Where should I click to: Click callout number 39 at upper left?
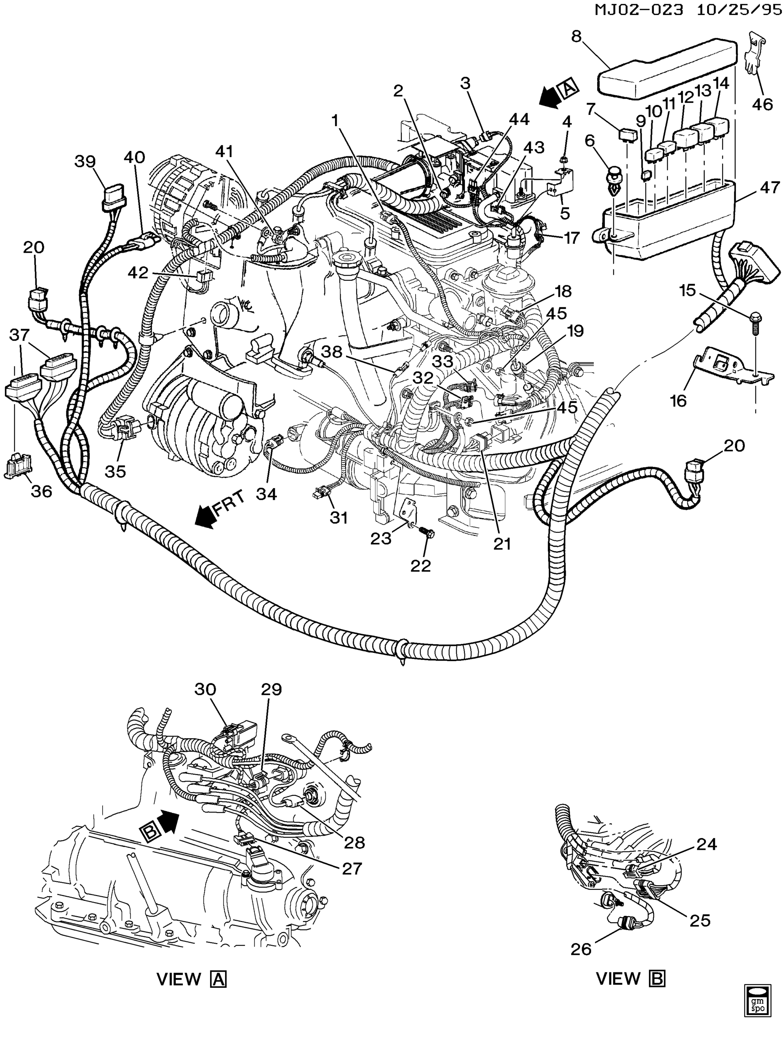85,162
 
